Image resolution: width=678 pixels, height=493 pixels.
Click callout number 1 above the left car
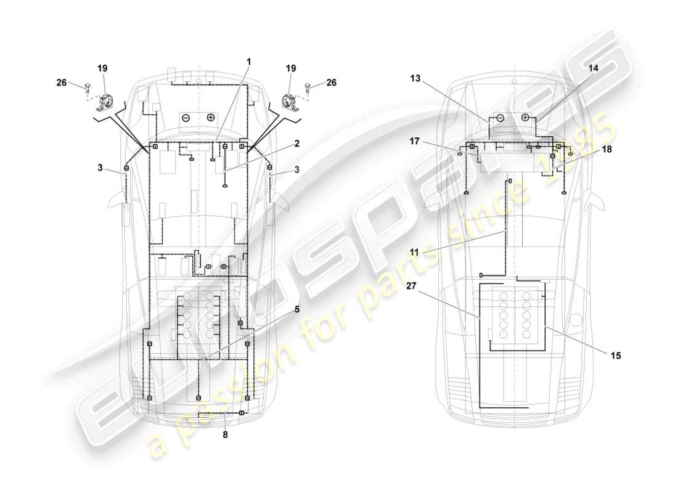coord(250,61)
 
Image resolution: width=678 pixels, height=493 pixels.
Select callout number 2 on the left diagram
coord(296,144)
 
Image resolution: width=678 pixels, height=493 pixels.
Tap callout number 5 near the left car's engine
coord(296,310)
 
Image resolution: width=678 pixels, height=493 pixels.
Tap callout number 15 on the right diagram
coord(616,355)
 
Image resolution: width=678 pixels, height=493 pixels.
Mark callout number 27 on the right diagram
coord(412,286)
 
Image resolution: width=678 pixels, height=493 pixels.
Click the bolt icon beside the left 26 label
coord(88,88)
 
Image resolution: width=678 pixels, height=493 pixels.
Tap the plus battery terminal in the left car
coord(211,117)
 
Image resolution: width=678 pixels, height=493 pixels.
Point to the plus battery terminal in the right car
coord(525,117)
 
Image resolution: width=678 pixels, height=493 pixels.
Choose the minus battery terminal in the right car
coord(500,117)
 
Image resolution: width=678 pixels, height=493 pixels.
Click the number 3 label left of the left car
coord(99,167)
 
